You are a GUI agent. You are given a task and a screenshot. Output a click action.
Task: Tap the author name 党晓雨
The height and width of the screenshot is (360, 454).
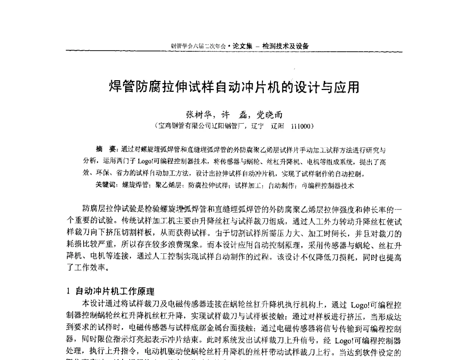point(270,115)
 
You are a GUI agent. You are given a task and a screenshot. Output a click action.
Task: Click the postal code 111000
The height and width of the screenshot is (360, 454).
point(300,126)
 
